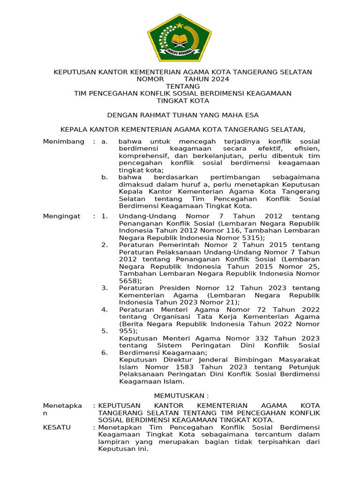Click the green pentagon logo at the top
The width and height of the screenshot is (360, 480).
click(180, 38)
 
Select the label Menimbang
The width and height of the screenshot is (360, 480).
click(64, 142)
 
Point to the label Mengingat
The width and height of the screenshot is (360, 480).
click(62, 216)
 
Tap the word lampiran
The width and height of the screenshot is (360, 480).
click(112, 442)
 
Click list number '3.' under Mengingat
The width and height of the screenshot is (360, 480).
click(105, 287)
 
